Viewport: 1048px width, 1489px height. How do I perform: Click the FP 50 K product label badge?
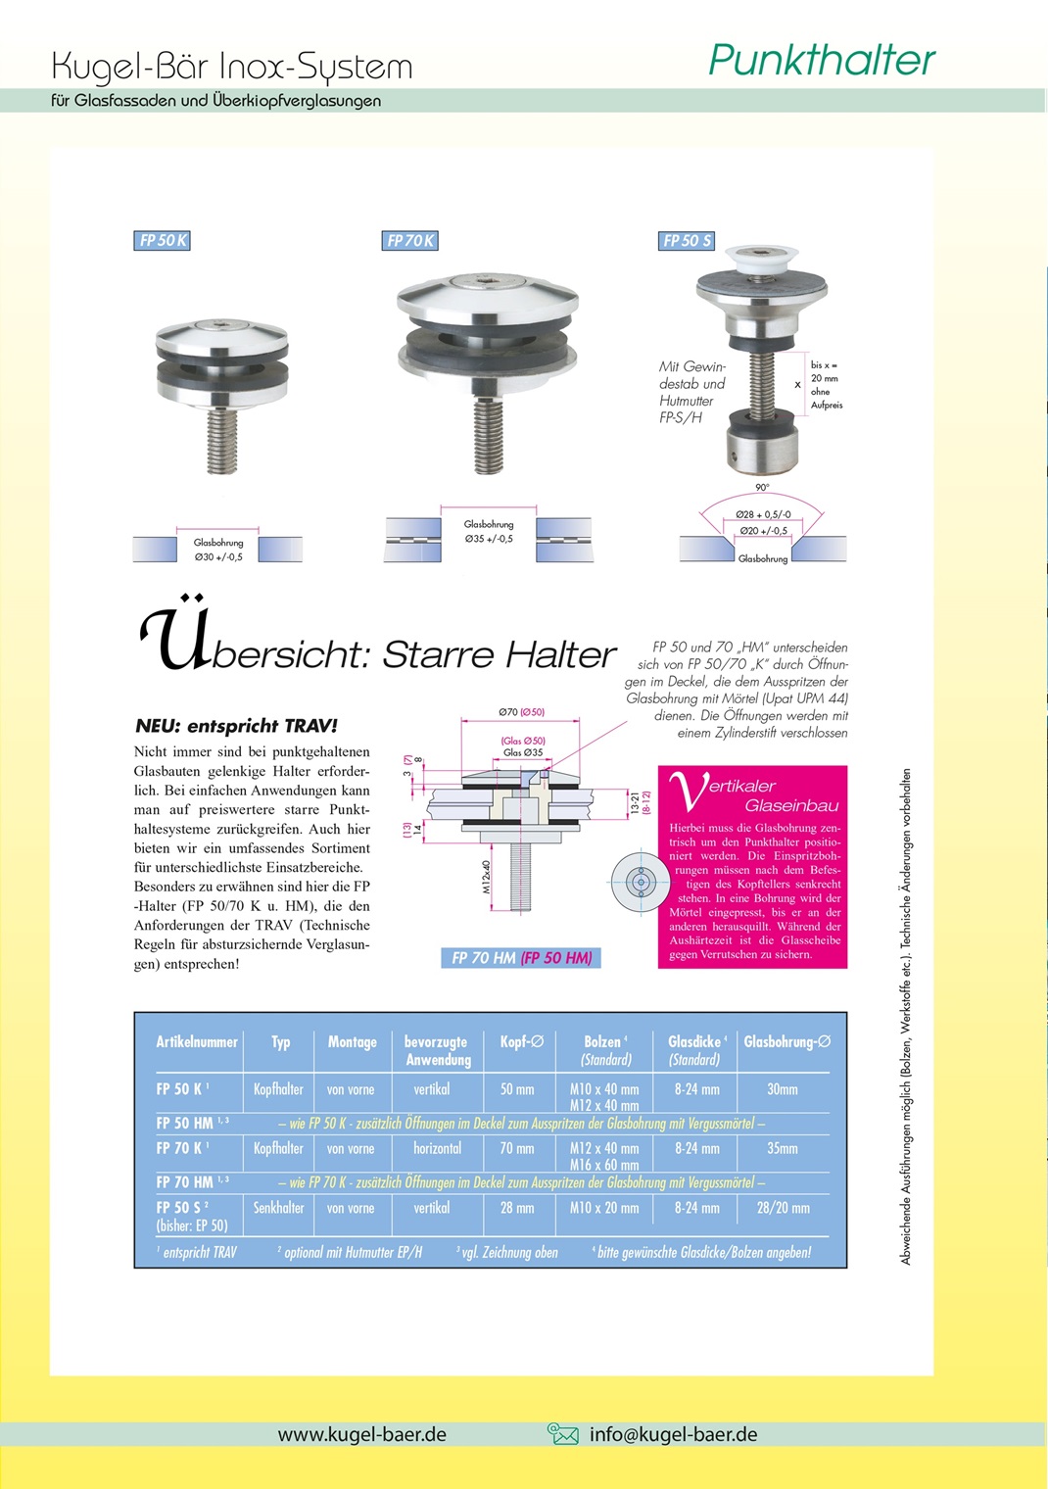coord(162,241)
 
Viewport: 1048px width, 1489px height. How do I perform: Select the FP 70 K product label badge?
coord(409,241)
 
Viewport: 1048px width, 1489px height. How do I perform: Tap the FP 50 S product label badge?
coord(687,241)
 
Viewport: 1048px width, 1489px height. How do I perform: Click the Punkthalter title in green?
coord(821,61)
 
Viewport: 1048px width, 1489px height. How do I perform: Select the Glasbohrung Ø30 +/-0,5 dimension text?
coord(218,550)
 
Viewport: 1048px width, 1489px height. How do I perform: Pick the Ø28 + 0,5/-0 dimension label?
coord(763,514)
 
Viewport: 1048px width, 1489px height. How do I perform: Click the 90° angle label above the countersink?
coord(762,487)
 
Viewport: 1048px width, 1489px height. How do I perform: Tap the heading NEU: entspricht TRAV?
coord(236,726)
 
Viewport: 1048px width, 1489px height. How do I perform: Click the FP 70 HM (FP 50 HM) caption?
coord(521,958)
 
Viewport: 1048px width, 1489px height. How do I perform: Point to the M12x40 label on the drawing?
coord(487,877)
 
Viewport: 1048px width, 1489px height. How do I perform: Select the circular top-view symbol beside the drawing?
coord(641,882)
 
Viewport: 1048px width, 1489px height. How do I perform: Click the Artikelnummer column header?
coord(197,1042)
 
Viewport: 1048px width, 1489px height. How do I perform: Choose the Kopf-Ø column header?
coord(521,1042)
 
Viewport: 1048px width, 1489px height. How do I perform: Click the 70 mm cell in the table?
coord(517,1148)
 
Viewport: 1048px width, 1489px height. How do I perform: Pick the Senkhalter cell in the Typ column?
coord(278,1208)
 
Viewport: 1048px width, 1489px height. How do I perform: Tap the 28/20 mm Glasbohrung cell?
coord(783,1208)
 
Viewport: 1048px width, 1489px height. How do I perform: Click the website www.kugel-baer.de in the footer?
coord(361,1434)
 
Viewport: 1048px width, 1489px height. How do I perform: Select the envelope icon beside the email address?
coord(563,1434)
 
